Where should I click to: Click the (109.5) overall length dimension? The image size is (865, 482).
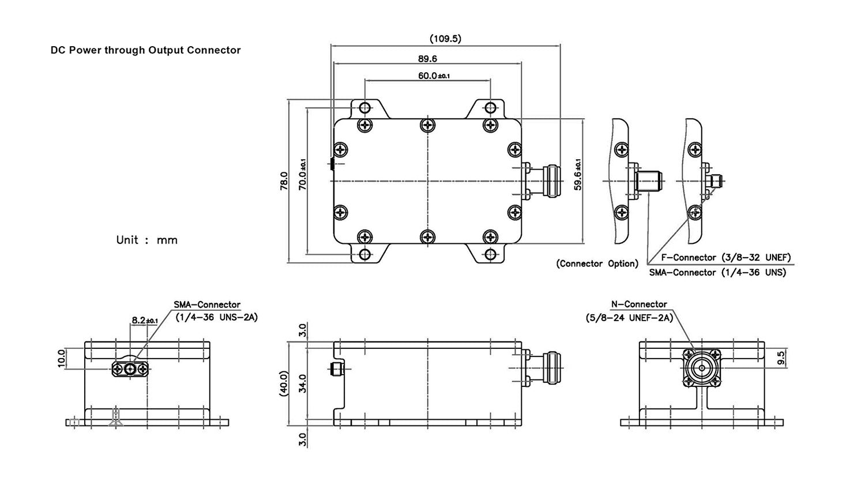[445, 39]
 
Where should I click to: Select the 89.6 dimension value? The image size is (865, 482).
[427, 58]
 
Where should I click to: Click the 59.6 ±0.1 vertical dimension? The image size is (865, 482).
[577, 175]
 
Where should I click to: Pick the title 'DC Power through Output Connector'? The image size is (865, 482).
[146, 50]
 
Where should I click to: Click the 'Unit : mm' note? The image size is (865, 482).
[146, 240]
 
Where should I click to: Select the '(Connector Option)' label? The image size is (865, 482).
[597, 263]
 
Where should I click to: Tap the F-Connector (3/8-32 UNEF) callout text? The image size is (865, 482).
[725, 257]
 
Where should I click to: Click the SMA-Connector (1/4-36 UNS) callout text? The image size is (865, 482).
[717, 272]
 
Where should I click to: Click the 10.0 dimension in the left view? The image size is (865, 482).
[62, 358]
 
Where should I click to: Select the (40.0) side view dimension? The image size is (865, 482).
[283, 382]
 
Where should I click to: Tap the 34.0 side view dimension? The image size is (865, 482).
[303, 383]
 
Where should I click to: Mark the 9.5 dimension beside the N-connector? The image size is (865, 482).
[781, 358]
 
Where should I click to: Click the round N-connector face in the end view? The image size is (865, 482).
[701, 367]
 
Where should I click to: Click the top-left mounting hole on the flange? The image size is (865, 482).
[364, 108]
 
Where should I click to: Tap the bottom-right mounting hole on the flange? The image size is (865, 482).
[490, 254]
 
